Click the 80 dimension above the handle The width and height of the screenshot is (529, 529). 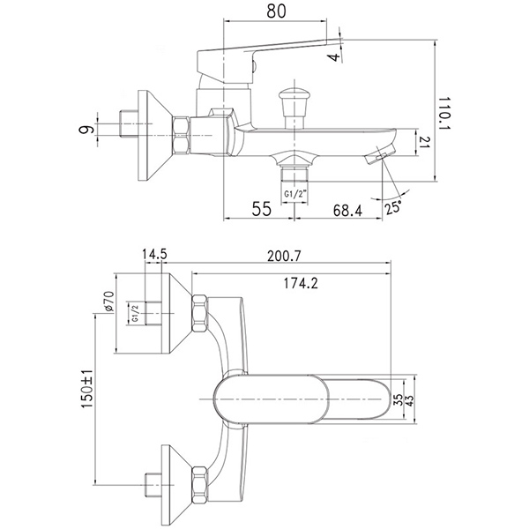276,11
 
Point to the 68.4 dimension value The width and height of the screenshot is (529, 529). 348,211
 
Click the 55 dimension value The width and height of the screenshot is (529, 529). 262,209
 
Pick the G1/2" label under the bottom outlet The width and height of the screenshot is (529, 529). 294,194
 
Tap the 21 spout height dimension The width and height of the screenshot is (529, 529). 425,142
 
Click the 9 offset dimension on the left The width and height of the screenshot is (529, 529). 86,130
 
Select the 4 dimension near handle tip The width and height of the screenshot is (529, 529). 335,56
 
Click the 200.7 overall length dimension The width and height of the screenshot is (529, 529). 284,257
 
